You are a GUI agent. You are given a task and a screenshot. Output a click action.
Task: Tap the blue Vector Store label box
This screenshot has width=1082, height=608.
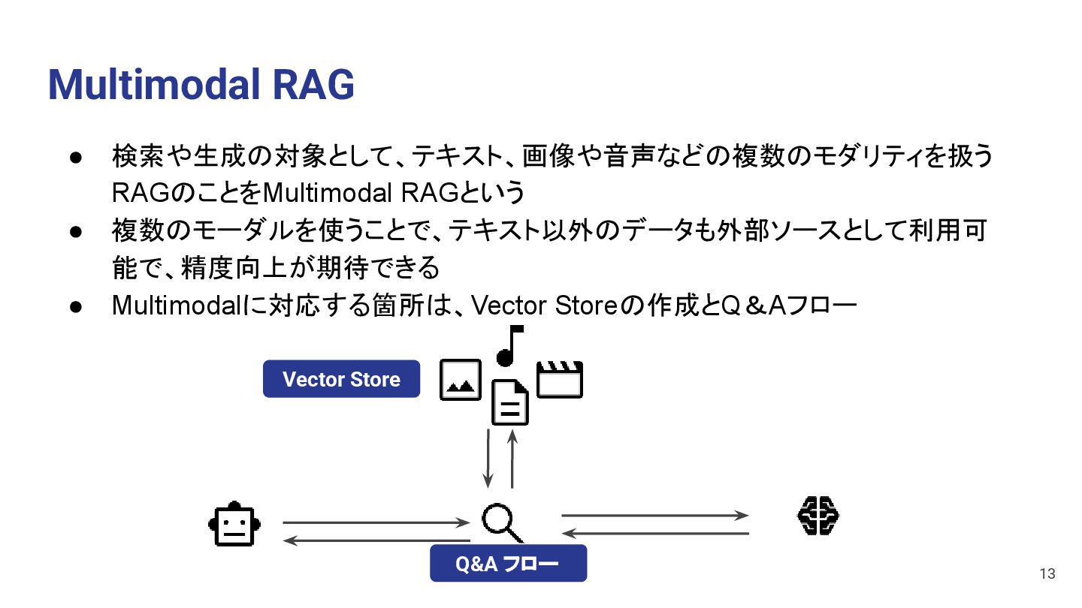(x=341, y=379)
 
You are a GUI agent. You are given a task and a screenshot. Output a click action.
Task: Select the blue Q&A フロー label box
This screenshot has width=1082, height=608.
(x=508, y=564)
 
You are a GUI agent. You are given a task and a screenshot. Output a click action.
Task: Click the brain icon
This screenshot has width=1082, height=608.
(x=817, y=516)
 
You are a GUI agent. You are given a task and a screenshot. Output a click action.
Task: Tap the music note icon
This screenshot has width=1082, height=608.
(x=509, y=346)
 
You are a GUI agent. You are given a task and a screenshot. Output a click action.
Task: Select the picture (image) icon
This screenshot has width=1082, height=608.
(x=460, y=379)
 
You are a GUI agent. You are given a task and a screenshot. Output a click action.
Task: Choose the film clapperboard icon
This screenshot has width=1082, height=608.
(x=560, y=379)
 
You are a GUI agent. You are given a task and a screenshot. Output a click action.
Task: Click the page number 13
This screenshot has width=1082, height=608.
(x=1047, y=574)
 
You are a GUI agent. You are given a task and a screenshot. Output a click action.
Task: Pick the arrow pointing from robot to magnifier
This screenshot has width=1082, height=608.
(x=376, y=522)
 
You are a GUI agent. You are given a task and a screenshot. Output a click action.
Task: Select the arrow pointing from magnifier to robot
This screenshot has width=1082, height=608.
(x=376, y=540)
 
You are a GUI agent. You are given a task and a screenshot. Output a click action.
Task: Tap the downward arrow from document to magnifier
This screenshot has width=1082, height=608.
(x=488, y=458)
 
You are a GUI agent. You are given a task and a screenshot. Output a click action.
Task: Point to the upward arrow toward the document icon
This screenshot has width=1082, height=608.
(x=512, y=458)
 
